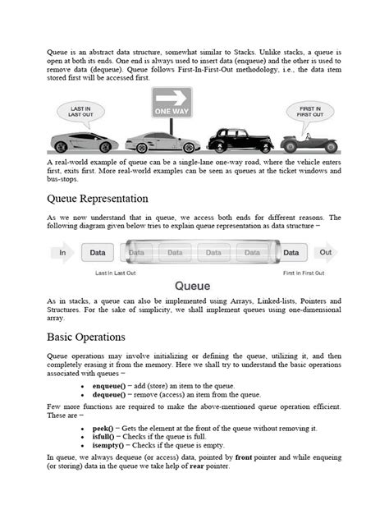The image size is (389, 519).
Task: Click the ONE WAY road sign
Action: pos(172,102)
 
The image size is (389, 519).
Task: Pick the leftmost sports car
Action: pos(84,141)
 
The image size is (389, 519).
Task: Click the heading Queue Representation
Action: pos(98,199)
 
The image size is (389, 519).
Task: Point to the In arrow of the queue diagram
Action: pos(62,253)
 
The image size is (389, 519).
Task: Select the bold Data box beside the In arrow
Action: pos(97,253)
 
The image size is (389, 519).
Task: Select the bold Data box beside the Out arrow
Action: pos(291,253)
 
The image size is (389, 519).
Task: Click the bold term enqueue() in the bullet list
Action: pos(111,385)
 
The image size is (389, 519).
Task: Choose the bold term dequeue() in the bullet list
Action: pos(111,394)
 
